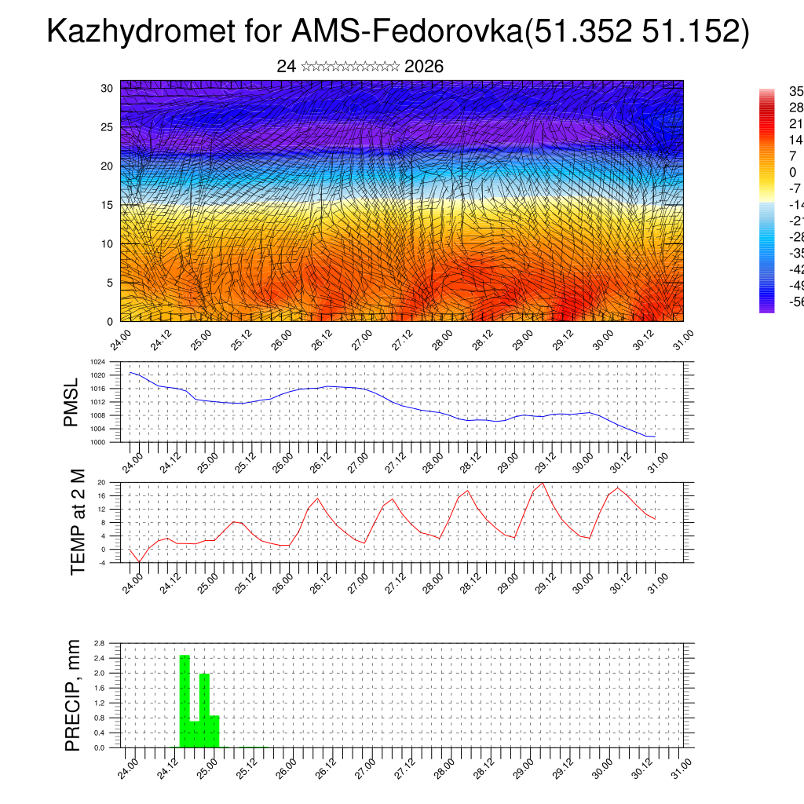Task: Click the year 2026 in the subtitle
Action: [x=424, y=67]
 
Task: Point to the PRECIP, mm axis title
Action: [x=73, y=696]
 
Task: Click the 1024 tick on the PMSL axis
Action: [x=97, y=362]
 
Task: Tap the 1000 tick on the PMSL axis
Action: [x=97, y=442]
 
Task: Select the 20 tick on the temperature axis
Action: [x=101, y=482]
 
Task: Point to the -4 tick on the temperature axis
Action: [x=101, y=562]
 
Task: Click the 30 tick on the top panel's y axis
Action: [x=108, y=88]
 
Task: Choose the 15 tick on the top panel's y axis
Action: [x=108, y=205]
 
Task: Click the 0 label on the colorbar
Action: [x=793, y=172]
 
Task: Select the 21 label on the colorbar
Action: [x=795, y=123]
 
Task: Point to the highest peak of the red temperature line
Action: [x=543, y=483]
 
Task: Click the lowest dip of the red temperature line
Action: [x=139, y=561]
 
